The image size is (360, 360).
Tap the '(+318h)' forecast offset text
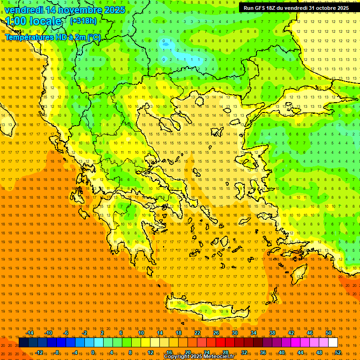tap(83, 21)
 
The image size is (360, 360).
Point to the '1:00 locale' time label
tap(33, 21)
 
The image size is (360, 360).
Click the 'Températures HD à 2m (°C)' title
tap(53, 37)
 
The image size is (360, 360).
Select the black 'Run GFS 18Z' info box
tap(296, 7)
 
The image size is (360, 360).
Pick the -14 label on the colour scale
tap(30, 333)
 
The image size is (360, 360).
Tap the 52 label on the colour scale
tap(338, 352)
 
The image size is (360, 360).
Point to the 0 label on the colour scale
tap(93, 352)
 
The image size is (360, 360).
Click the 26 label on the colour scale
tap(216, 333)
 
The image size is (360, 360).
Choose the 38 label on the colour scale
tap(272, 333)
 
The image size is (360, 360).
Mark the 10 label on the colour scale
tap(141, 333)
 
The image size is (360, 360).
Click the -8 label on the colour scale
tap(57, 352)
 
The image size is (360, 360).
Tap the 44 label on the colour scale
tap(300, 352)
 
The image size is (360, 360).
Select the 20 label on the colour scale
tap(188, 352)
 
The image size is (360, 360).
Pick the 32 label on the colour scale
tap(244, 352)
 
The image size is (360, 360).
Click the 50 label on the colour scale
tap(328, 333)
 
